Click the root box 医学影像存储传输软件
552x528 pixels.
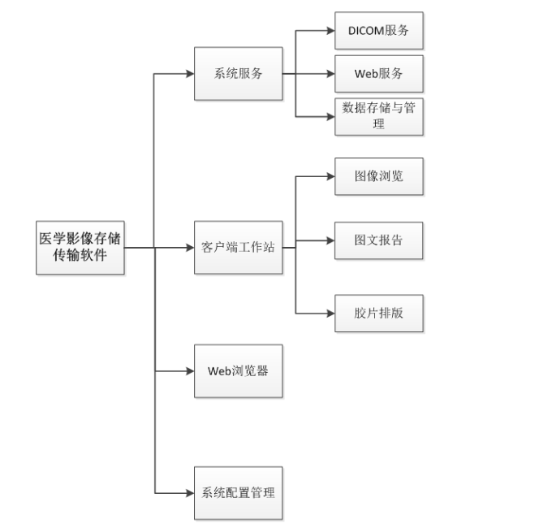click(80, 247)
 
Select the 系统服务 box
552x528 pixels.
click(238, 74)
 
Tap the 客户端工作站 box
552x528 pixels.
click(238, 247)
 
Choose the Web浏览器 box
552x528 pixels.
click(238, 370)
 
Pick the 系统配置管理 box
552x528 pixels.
click(238, 492)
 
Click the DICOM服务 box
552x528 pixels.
click(379, 31)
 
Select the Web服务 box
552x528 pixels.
click(379, 74)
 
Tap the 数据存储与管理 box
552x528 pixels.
click(379, 116)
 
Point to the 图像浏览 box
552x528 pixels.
click(379, 175)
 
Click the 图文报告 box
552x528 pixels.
click(379, 240)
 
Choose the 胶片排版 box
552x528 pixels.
click(379, 313)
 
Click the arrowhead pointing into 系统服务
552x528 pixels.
click(189, 74)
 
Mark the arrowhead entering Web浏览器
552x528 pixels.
click(189, 370)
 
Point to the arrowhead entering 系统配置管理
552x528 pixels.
click(189, 492)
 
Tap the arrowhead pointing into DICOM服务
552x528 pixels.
click(330, 31)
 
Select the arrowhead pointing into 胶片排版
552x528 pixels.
click(330, 313)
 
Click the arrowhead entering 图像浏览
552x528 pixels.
click(330, 175)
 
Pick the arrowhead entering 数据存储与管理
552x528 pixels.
click(330, 116)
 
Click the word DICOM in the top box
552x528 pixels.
click(367, 31)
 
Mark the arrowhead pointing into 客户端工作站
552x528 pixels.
click(189, 247)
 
